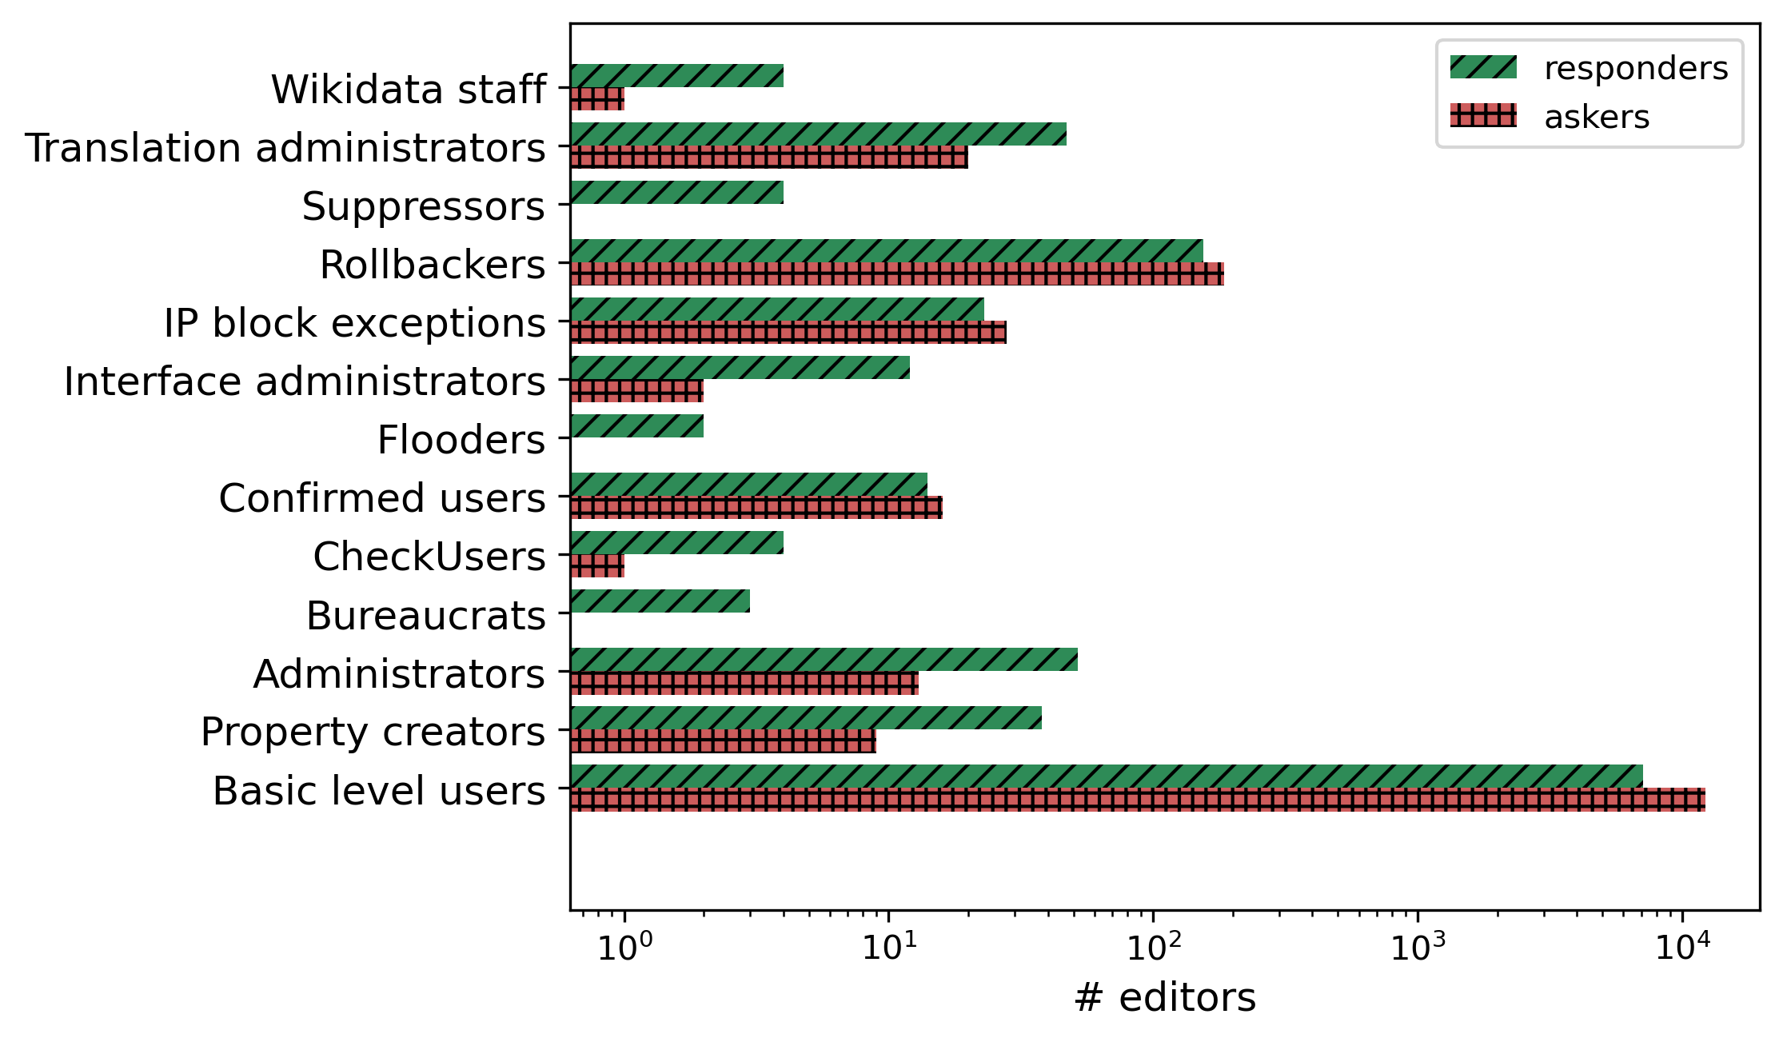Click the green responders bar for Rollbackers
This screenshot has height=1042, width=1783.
click(x=886, y=251)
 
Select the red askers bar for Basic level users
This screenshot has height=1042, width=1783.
click(x=1137, y=800)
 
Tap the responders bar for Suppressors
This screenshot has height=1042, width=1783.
click(x=676, y=193)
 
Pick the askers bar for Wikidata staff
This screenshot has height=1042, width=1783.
click(x=597, y=99)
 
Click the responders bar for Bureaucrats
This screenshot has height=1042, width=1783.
click(x=660, y=601)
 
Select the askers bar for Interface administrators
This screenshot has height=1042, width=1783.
click(x=636, y=391)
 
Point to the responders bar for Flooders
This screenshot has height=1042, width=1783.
click(x=636, y=426)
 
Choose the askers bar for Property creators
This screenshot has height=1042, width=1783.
click(x=723, y=741)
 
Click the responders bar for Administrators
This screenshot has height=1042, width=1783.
click(x=824, y=660)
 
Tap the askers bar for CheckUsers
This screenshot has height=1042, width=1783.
click(x=597, y=566)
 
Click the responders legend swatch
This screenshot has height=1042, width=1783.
click(x=1483, y=68)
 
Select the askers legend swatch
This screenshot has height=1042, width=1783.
click(x=1483, y=116)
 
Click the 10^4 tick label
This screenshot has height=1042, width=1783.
click(x=1683, y=947)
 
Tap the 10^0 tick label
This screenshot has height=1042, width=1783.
click(x=624, y=947)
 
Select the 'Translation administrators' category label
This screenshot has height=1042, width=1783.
click(x=285, y=148)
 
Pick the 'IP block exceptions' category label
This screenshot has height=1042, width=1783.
click(x=354, y=323)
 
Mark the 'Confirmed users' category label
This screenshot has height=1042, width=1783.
click(x=381, y=498)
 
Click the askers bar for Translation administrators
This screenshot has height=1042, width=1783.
click(x=768, y=158)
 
